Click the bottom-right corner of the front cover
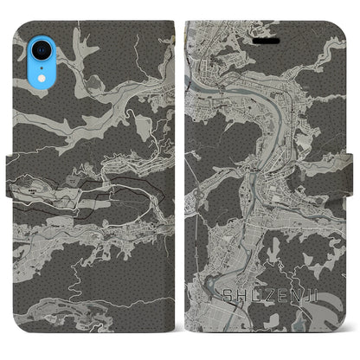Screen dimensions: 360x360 click(x=344, y=342)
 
